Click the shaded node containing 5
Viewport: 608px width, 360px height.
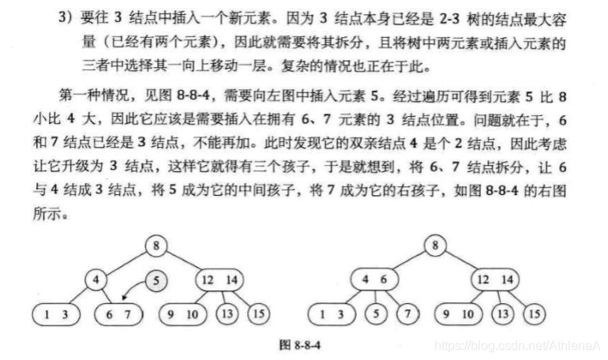[x=157, y=279]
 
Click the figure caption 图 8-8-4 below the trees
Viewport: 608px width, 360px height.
[x=303, y=345]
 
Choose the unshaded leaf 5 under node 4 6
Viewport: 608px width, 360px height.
[x=376, y=313]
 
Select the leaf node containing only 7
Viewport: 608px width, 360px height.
[x=407, y=313]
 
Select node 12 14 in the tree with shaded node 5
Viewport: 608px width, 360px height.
[x=219, y=279]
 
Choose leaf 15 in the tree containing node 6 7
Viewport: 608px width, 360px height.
[x=257, y=313]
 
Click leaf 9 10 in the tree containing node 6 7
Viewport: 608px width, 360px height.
[x=183, y=313]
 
